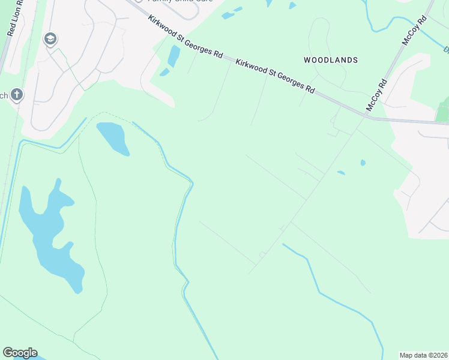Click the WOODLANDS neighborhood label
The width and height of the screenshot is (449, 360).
point(331,60)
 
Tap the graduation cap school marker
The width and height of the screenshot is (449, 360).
point(50,40)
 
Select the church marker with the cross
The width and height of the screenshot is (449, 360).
point(17,95)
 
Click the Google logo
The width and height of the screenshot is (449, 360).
point(20,353)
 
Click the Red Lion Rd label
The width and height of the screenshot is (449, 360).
point(14,18)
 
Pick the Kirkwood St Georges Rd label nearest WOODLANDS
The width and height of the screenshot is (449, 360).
point(276,76)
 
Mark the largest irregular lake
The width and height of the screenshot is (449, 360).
point(51,237)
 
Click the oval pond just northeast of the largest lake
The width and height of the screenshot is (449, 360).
point(113,138)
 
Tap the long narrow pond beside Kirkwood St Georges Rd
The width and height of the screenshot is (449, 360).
point(173,56)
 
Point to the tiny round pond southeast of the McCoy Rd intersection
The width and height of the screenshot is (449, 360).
point(363,162)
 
